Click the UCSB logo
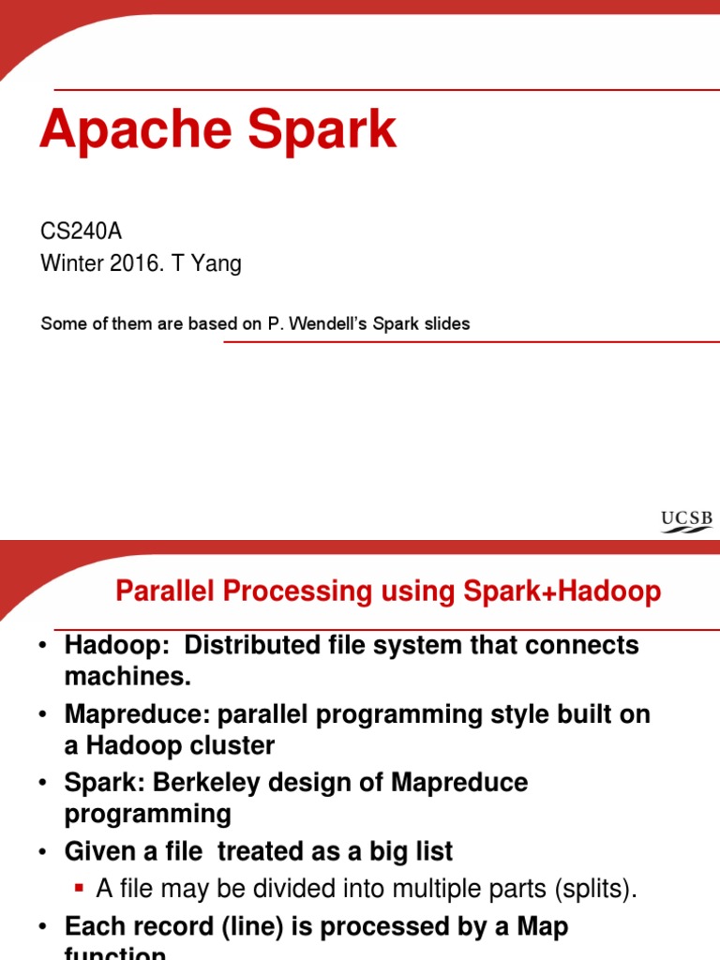[x=686, y=521]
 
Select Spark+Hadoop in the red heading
[x=562, y=592]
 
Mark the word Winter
[x=70, y=264]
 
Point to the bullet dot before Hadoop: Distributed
[x=43, y=646]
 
